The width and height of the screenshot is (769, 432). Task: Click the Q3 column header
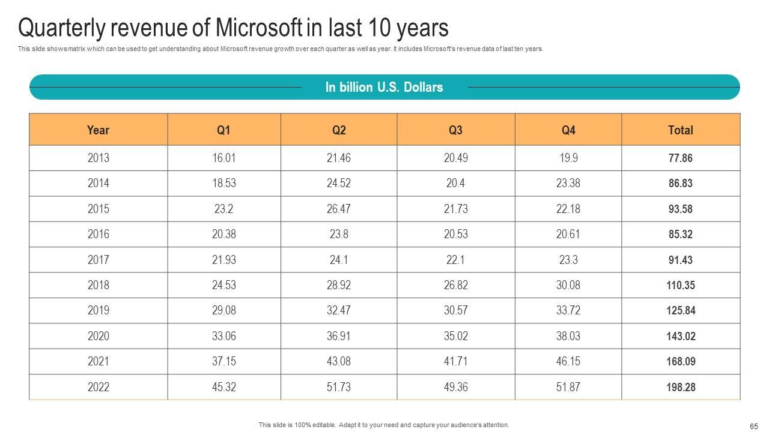pyautogui.click(x=455, y=130)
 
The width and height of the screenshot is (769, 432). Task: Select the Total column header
pyautogui.click(x=680, y=130)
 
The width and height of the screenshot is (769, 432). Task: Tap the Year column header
pyautogui.click(x=98, y=130)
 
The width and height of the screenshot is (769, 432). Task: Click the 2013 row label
pyautogui.click(x=98, y=158)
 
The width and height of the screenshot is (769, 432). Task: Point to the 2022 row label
pyautogui.click(x=98, y=388)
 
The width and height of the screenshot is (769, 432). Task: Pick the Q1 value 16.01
pyautogui.click(x=223, y=158)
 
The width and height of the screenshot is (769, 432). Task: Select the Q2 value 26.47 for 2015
pyautogui.click(x=339, y=209)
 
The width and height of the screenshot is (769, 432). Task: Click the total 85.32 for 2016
pyautogui.click(x=680, y=235)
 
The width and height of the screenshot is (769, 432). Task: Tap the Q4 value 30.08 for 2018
pyautogui.click(x=568, y=286)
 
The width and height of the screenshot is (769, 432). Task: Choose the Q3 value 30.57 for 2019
pyautogui.click(x=455, y=311)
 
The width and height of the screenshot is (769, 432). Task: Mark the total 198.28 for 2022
pyautogui.click(x=680, y=388)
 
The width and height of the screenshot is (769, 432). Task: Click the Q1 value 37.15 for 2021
pyautogui.click(x=223, y=362)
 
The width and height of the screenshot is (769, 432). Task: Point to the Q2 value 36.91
pyautogui.click(x=339, y=337)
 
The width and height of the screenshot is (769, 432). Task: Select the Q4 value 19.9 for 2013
pyautogui.click(x=568, y=158)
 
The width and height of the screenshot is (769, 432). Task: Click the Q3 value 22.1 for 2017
pyautogui.click(x=455, y=260)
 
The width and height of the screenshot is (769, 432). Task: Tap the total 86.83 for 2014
pyautogui.click(x=680, y=184)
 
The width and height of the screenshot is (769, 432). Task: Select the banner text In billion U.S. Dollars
pyautogui.click(x=384, y=88)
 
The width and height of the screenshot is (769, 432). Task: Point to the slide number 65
pyautogui.click(x=754, y=426)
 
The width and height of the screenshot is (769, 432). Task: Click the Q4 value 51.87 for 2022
pyautogui.click(x=568, y=388)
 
